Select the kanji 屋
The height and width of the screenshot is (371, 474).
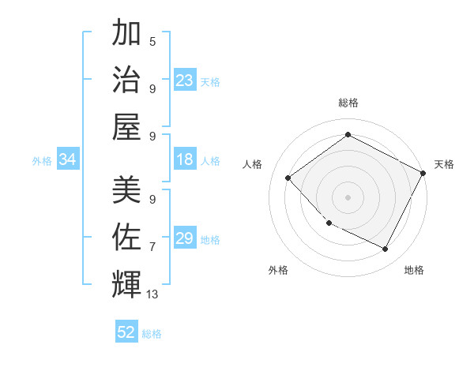tap(126, 126)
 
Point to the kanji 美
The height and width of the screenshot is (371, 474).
tap(126, 190)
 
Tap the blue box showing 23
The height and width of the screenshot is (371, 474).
tap(185, 81)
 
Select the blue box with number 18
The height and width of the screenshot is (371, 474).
tap(185, 160)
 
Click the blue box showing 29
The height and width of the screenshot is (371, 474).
tap(185, 238)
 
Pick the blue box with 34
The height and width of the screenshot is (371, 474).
tap(68, 160)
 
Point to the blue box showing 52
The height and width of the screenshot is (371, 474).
tap(126, 332)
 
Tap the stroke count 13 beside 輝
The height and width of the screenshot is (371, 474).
tap(152, 294)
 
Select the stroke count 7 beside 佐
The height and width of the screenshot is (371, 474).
tap(152, 246)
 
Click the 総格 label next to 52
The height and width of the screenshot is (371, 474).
tap(152, 334)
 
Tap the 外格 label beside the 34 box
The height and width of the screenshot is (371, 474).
tap(42, 161)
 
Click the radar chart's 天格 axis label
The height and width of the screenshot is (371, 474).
tap(444, 164)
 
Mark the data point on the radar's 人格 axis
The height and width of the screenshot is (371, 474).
tap(288, 178)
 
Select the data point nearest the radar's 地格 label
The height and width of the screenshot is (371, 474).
tap(386, 249)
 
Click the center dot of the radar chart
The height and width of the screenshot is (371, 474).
tap(348, 197)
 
